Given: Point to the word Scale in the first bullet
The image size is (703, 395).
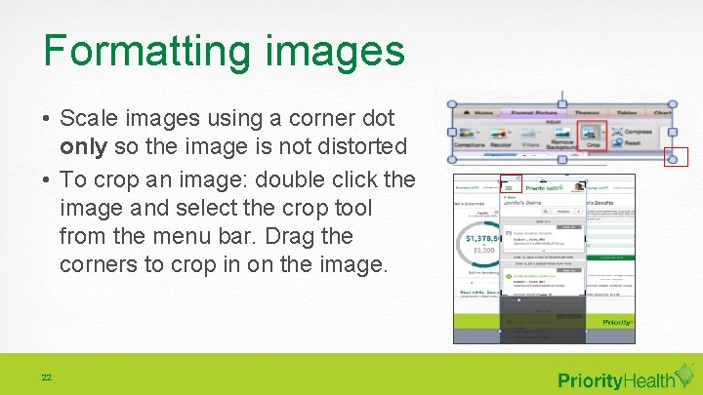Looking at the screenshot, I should (87, 118).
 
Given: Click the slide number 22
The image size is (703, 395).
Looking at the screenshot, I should (46, 377).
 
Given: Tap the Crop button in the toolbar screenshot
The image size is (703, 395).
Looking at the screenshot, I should (593, 135).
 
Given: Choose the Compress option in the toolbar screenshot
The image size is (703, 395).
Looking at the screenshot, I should (636, 131).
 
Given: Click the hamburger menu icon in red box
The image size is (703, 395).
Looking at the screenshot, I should (510, 183).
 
